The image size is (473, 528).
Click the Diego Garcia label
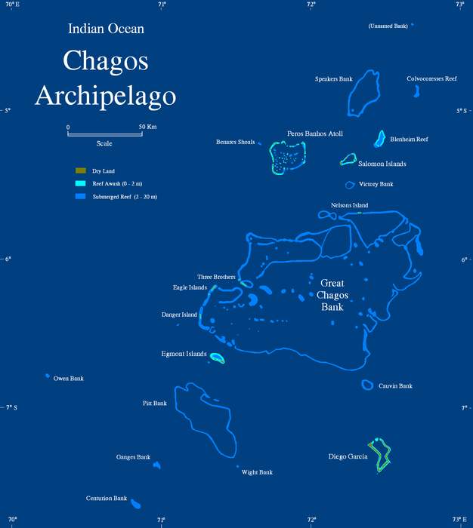click(x=348, y=457)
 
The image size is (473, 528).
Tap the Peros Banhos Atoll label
click(x=315, y=134)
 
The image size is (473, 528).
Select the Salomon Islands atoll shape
click(x=348, y=159)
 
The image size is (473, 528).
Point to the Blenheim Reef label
click(x=409, y=140)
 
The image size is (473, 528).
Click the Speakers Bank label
click(x=334, y=79)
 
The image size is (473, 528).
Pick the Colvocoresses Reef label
click(x=431, y=78)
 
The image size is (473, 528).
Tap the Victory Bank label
click(x=376, y=184)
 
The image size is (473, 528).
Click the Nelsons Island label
click(x=349, y=205)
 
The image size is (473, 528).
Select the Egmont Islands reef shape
click(x=217, y=358)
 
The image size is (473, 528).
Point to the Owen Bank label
click(x=68, y=379)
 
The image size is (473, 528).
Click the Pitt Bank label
click(x=154, y=404)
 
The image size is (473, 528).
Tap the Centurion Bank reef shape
click(x=136, y=503)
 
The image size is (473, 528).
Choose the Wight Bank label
click(x=257, y=473)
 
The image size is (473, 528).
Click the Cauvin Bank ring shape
click(x=367, y=385)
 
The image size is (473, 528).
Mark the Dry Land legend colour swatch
click(x=80, y=171)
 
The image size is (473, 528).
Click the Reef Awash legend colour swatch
click(x=80, y=184)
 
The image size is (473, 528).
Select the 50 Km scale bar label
click(x=147, y=127)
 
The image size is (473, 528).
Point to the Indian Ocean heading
click(x=106, y=29)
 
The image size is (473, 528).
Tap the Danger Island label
click(x=179, y=315)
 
